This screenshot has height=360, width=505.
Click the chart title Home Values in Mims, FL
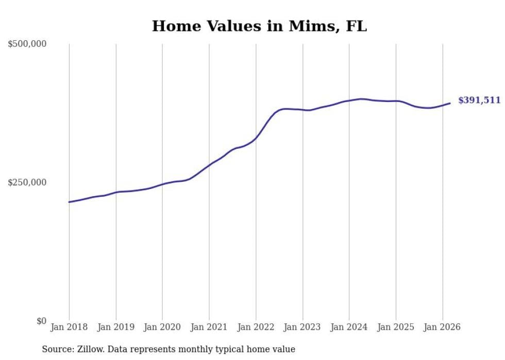259,26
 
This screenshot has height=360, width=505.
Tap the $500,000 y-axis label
27,44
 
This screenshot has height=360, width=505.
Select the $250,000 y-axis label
27,182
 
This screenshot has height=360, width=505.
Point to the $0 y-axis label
41,321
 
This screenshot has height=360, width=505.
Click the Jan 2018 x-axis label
69,327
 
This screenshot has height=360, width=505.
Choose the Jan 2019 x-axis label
116,327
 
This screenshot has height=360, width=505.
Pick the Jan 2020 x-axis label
162,327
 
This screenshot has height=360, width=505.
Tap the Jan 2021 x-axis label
209,327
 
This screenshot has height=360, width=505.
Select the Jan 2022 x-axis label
256,327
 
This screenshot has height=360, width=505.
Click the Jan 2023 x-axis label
302,327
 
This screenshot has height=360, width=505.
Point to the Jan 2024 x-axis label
349,327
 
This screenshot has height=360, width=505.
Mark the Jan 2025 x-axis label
396,327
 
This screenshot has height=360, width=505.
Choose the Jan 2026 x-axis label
442,327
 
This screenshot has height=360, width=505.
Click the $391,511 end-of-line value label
479,100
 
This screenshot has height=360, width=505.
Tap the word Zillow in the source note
90,349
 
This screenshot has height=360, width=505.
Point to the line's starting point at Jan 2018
70,202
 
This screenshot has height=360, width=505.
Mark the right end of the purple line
450,104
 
